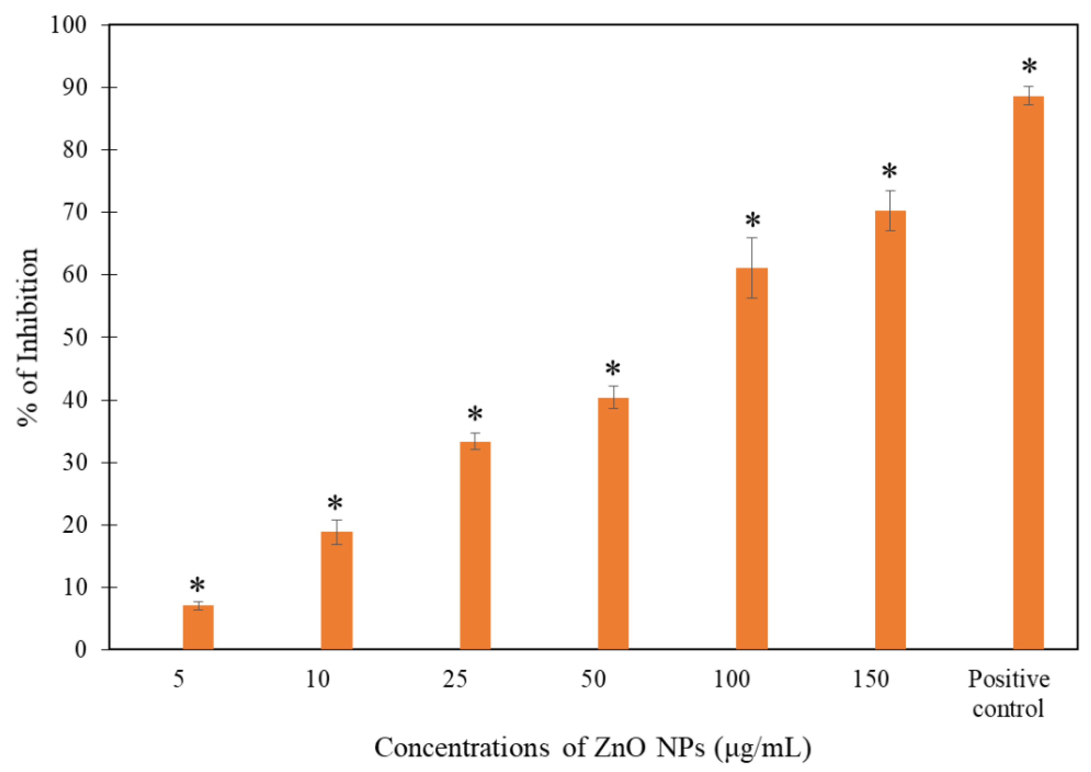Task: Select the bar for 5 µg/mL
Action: point(198,627)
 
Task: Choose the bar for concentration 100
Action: point(752,459)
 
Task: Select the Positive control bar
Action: point(1028,373)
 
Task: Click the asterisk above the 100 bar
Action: point(752,221)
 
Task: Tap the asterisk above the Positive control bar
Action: point(1029,67)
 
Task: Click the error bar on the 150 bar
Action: point(890,211)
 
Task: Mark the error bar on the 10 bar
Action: point(336,532)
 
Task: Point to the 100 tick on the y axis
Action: point(69,25)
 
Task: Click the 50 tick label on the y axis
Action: point(75,338)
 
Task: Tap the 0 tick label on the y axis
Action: point(81,649)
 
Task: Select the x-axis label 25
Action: point(455,679)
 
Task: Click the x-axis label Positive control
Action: point(1008,694)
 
